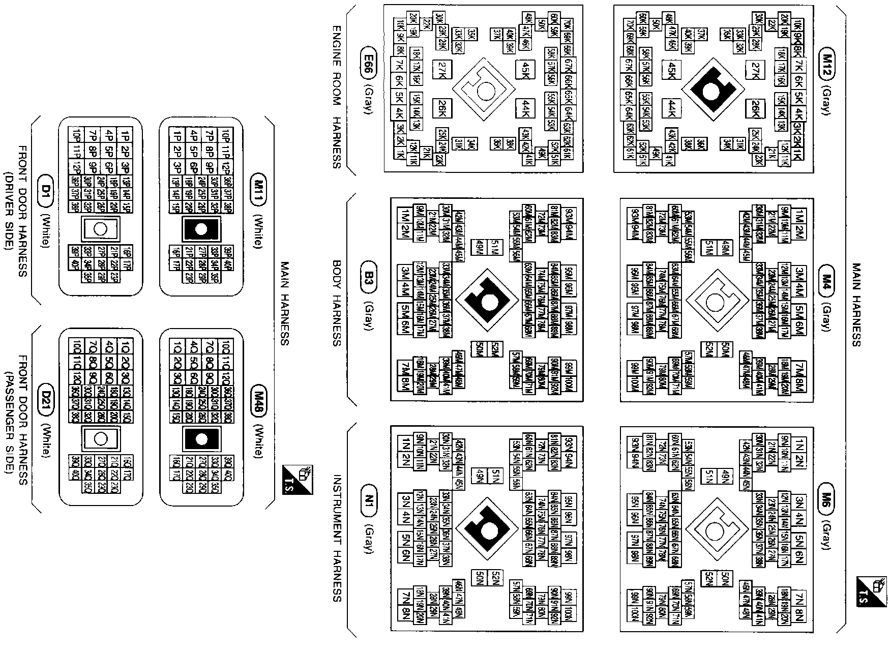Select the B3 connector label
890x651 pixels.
pos(368,277)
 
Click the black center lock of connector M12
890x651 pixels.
pos(711,89)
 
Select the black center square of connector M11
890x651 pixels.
pos(201,230)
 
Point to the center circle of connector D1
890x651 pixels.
pos(101,229)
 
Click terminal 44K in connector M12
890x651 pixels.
pos(672,108)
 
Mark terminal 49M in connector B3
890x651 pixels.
pos(478,248)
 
